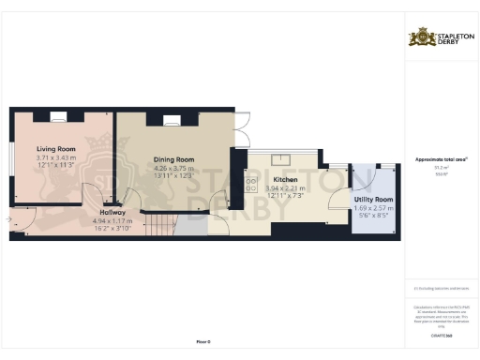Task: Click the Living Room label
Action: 56,148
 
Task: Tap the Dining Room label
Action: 173,159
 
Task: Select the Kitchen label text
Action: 284,179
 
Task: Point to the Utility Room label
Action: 373,201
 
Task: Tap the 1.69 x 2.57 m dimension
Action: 373,209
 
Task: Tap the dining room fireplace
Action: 172,119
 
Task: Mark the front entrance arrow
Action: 7,220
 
